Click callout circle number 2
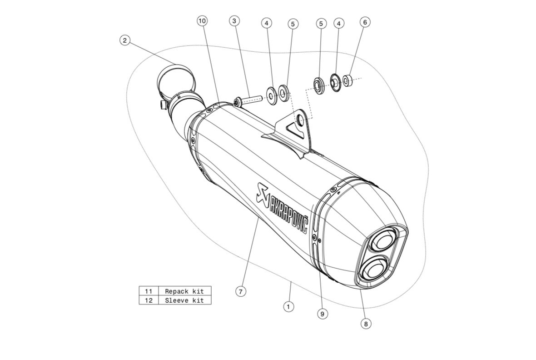(125, 40)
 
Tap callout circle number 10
(202, 21)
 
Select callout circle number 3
(234, 21)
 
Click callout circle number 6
(365, 22)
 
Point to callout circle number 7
(241, 291)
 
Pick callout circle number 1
(288, 307)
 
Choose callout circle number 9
(323, 314)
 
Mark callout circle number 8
(366, 324)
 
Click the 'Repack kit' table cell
(184, 291)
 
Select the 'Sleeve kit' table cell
(184, 300)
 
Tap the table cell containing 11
(149, 291)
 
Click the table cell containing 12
(149, 300)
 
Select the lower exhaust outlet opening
(372, 268)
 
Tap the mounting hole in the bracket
(301, 120)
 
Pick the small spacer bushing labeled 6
(347, 81)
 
